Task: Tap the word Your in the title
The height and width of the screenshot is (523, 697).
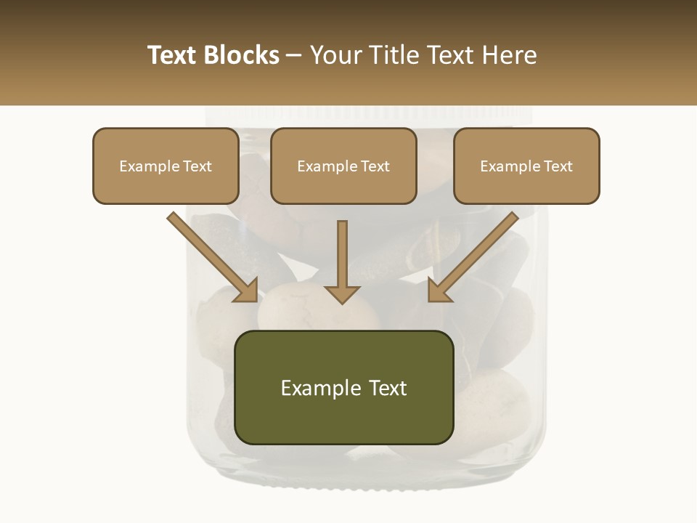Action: pyautogui.click(x=334, y=55)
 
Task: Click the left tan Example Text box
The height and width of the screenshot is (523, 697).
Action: pyautogui.click(x=166, y=166)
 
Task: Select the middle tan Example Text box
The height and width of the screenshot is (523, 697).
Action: pyautogui.click(x=343, y=166)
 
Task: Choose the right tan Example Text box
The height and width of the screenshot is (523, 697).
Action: pyautogui.click(x=526, y=166)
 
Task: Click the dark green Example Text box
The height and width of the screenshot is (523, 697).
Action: pyautogui.click(x=343, y=387)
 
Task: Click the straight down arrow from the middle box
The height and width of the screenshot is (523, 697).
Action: pyautogui.click(x=342, y=254)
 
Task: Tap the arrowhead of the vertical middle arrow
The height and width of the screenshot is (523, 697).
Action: pyautogui.click(x=342, y=293)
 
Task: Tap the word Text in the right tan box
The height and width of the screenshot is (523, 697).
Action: pyautogui.click(x=558, y=166)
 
